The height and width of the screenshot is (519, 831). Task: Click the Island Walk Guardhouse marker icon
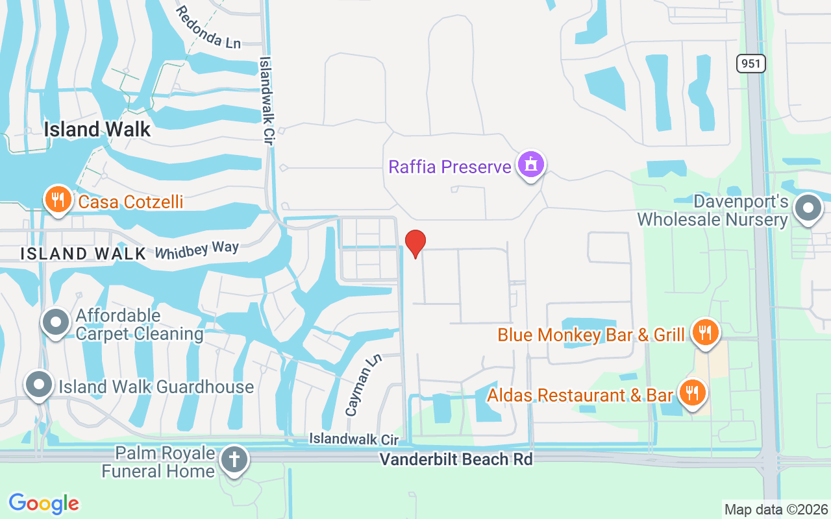click(39, 385)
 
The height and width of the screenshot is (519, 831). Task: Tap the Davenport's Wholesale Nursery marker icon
click(808, 209)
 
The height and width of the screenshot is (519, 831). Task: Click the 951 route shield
click(751, 64)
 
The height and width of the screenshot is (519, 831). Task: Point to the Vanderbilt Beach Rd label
click(456, 459)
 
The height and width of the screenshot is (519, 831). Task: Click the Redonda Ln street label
click(208, 27)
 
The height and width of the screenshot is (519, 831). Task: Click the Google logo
click(43, 503)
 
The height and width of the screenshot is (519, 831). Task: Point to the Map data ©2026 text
click(776, 510)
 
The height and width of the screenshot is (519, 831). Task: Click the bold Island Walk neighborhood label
click(97, 129)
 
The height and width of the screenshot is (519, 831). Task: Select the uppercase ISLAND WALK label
click(83, 253)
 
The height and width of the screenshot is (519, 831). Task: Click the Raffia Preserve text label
click(450, 167)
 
